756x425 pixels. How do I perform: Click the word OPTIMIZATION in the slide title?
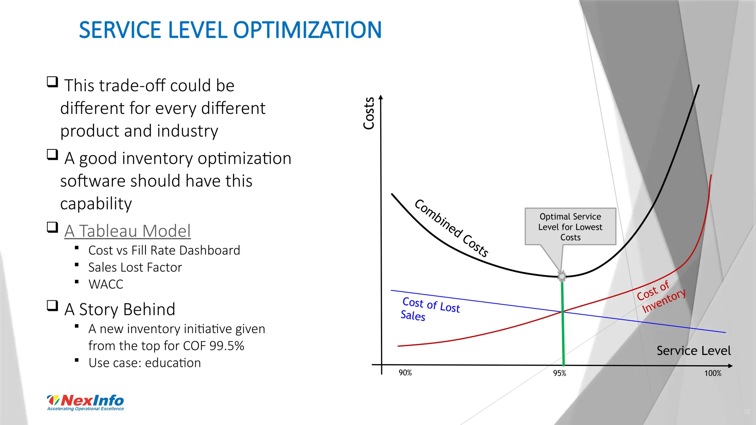(x=307, y=30)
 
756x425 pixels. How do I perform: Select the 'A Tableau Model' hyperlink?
(x=127, y=231)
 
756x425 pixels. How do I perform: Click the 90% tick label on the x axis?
(x=405, y=373)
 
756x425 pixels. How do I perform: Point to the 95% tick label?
(x=559, y=373)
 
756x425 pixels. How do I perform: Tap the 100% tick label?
(x=712, y=373)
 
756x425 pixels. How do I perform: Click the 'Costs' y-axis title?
(x=369, y=113)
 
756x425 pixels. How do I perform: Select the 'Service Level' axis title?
(x=693, y=350)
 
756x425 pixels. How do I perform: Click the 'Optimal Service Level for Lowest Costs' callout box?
(x=570, y=227)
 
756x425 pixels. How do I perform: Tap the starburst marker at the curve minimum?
(x=562, y=276)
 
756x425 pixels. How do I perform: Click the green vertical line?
(x=563, y=332)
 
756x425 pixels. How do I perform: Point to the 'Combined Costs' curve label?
(x=451, y=228)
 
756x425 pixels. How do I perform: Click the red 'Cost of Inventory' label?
(x=661, y=297)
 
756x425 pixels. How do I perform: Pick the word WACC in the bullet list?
(x=106, y=284)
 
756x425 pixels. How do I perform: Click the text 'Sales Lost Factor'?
(x=135, y=267)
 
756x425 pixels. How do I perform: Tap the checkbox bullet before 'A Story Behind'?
(x=52, y=306)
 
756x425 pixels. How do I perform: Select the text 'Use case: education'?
(x=145, y=363)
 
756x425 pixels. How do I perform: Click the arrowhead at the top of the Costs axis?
(x=381, y=97)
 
